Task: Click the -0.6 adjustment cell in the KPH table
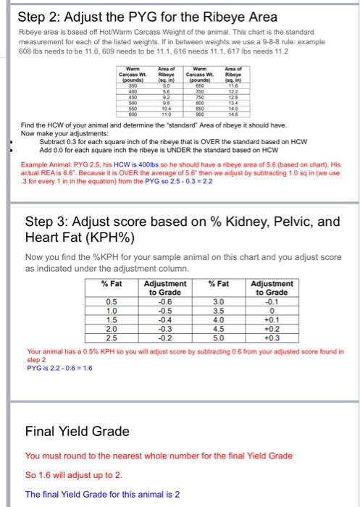(x=164, y=301)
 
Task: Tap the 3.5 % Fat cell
(x=218, y=310)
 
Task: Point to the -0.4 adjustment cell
(x=164, y=319)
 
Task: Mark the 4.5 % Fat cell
(x=218, y=328)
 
